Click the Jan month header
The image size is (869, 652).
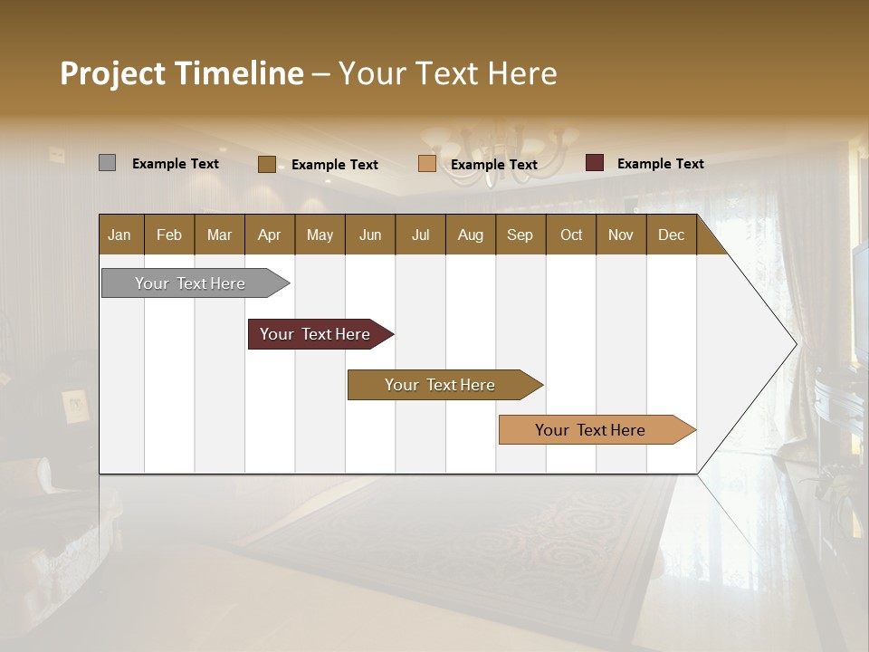[x=119, y=235]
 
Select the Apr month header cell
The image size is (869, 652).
[x=269, y=235]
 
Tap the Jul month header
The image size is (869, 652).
[x=420, y=235]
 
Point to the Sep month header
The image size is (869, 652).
[x=520, y=235]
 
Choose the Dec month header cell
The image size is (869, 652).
[x=671, y=235]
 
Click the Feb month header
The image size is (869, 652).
[x=169, y=235]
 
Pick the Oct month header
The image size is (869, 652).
[x=571, y=235]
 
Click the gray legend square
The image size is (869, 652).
[x=107, y=163]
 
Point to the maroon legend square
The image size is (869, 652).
[x=595, y=163]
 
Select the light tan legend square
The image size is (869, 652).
[x=427, y=164]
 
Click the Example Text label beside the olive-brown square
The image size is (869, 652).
[x=334, y=165]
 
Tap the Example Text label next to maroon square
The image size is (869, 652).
[x=660, y=164]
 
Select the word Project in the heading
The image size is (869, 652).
[x=112, y=73]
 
